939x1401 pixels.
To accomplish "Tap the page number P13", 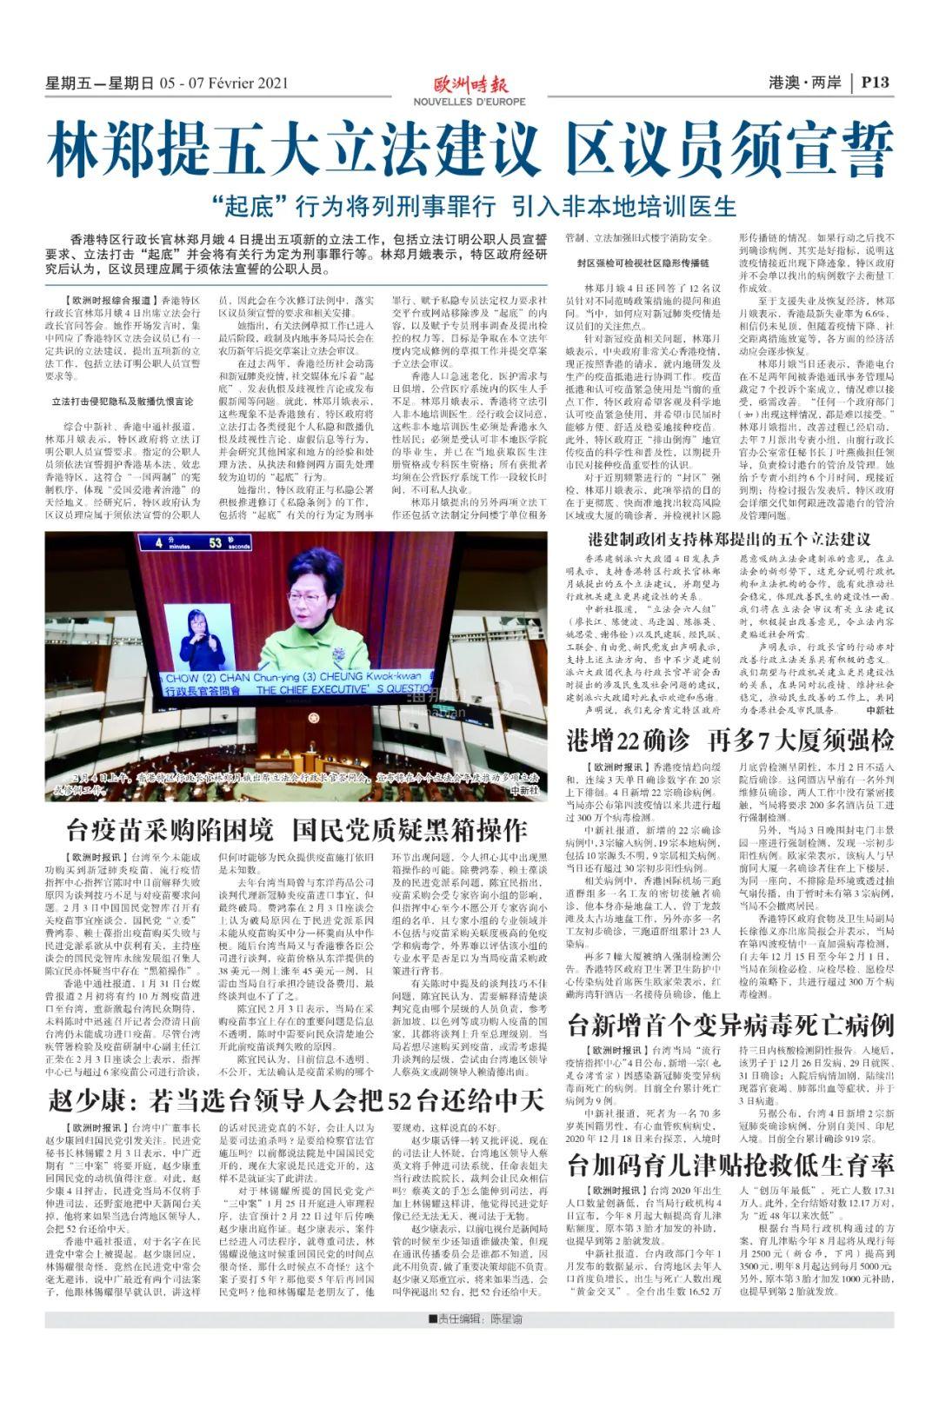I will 874,83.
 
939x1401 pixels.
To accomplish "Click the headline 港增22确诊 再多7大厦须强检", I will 729,740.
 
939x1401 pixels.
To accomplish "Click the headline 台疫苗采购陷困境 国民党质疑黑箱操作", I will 296,829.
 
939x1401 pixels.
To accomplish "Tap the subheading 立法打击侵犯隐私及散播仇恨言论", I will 123,402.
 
